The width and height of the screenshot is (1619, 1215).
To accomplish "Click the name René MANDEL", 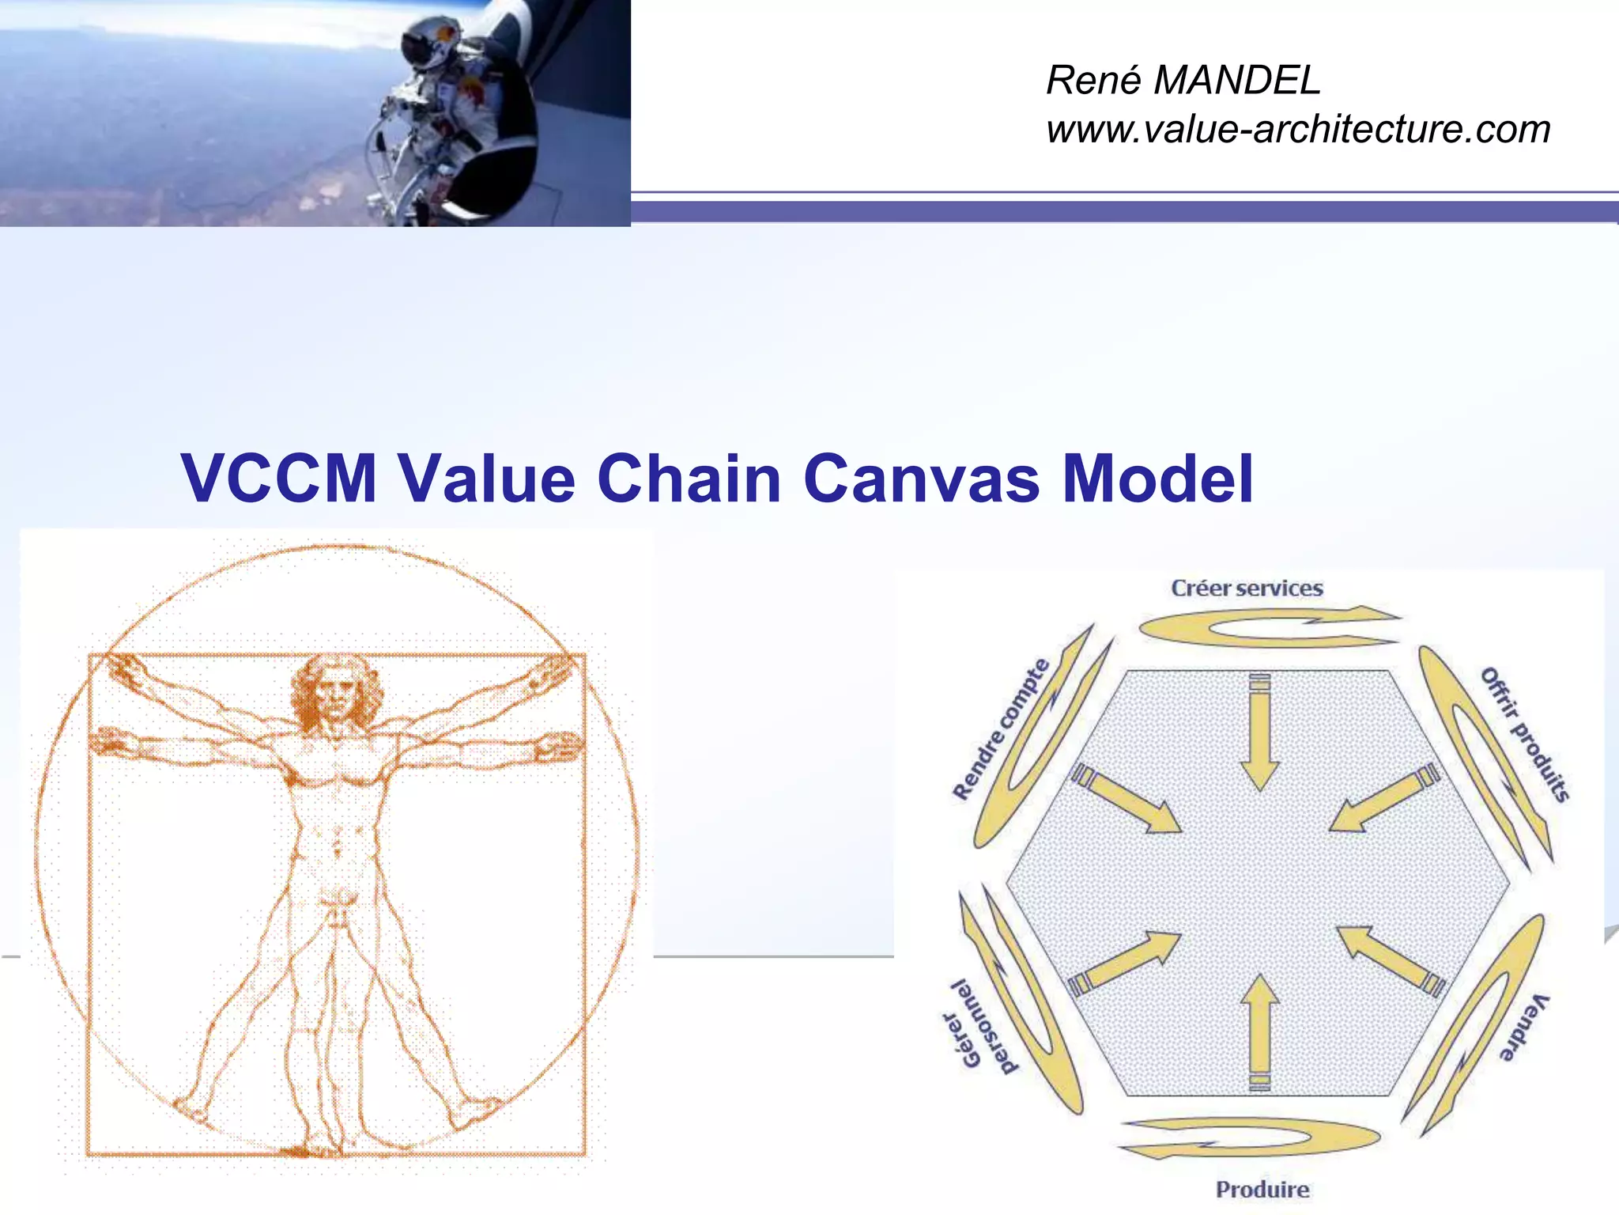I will (1183, 80).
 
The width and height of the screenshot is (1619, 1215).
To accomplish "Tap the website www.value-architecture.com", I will (1298, 129).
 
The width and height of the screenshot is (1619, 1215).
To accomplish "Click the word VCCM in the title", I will (279, 479).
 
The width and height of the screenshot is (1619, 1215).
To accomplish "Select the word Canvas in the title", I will (921, 479).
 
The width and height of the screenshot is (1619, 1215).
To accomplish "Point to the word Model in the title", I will (1157, 479).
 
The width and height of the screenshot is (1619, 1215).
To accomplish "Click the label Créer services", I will (1247, 589).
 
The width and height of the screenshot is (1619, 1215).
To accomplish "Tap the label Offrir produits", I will (1525, 734).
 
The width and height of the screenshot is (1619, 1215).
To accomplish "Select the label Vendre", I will (1523, 1026).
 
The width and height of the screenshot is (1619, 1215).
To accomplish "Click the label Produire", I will (1262, 1189).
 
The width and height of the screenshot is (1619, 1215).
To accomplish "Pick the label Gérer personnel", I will (979, 1028).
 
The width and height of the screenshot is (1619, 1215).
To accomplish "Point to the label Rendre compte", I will (1001, 729).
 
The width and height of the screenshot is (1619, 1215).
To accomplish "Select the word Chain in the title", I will (689, 479).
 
